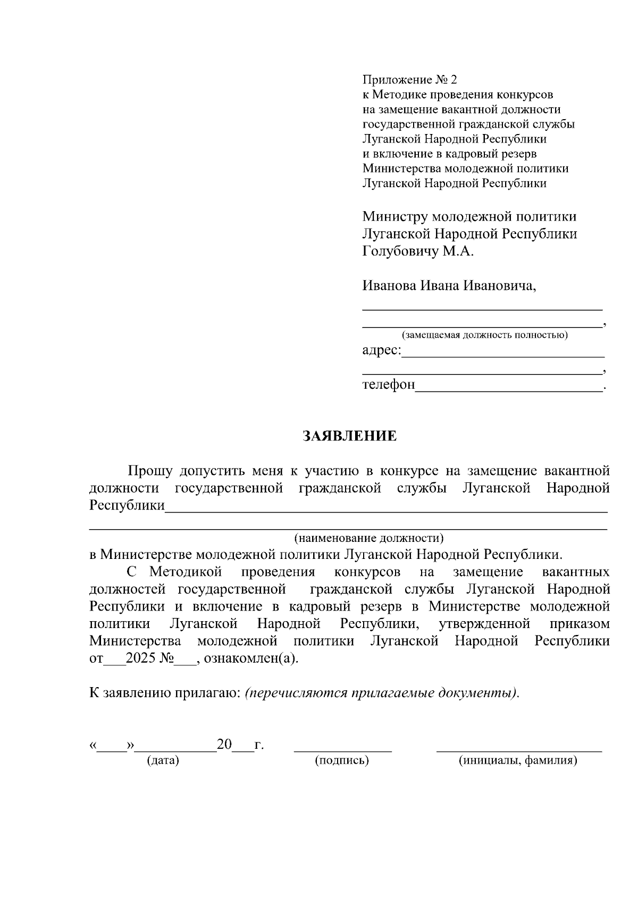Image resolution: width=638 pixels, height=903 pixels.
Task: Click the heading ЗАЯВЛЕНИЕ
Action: (349, 437)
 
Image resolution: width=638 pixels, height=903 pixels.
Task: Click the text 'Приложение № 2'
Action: (409, 80)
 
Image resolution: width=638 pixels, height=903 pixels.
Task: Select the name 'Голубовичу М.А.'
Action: (417, 251)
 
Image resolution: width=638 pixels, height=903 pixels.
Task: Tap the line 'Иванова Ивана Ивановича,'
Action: (449, 286)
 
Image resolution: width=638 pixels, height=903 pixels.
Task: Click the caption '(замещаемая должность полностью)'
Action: (484, 335)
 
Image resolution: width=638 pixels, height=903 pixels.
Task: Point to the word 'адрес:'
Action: (382, 350)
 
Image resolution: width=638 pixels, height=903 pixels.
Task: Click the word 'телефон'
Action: (389, 384)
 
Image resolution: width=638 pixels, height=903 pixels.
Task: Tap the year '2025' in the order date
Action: (141, 658)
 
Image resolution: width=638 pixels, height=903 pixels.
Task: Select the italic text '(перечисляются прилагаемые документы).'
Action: (382, 693)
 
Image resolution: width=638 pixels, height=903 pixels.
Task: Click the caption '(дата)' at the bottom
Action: (163, 760)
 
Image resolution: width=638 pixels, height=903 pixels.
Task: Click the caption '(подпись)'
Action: (342, 760)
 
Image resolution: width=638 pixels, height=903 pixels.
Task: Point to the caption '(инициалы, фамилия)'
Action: (518, 760)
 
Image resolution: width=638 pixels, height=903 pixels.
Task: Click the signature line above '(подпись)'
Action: (343, 750)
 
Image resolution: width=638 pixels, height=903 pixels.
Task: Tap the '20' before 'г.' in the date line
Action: (224, 745)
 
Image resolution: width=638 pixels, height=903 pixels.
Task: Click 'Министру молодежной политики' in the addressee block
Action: (469, 217)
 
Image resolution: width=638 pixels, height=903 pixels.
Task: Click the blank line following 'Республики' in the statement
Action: (385, 509)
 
